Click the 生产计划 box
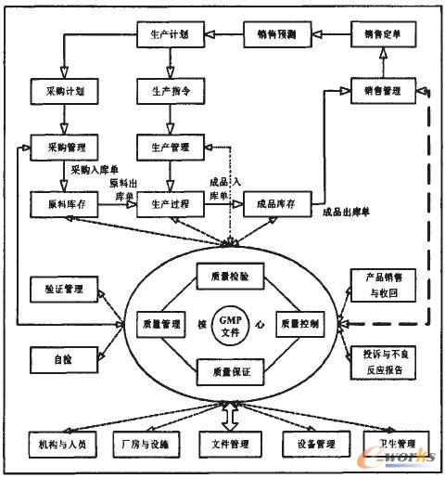[169, 34]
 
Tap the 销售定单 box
[384, 34]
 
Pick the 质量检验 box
[230, 276]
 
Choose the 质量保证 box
[230, 373]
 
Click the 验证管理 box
[63, 291]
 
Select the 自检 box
[63, 356]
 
